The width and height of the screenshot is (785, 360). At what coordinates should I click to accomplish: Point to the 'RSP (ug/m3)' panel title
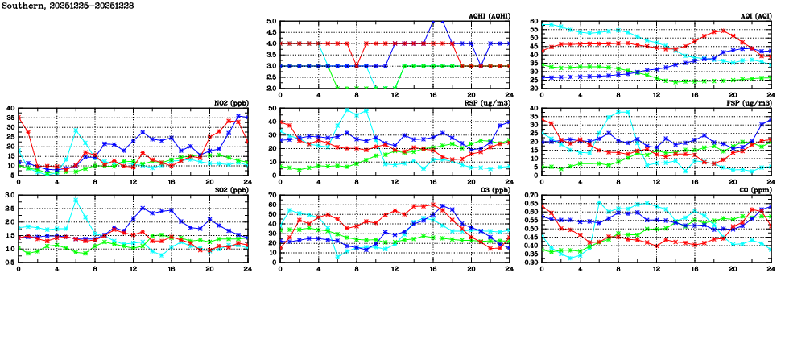click(x=485, y=103)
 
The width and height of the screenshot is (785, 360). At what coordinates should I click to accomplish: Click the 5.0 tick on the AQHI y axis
click(x=271, y=22)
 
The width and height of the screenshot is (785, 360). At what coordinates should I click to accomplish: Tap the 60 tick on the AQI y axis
click(x=534, y=22)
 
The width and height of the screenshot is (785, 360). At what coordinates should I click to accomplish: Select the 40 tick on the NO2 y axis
click(x=10, y=108)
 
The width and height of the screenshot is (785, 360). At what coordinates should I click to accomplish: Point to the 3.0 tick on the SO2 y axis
click(x=9, y=196)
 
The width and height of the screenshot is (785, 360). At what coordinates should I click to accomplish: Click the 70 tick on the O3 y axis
click(x=271, y=196)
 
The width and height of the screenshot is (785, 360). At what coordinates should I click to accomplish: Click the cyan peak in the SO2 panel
click(x=76, y=199)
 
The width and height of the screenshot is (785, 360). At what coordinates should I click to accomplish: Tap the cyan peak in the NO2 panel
click(x=76, y=130)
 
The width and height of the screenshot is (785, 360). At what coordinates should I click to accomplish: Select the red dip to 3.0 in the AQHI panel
click(x=357, y=66)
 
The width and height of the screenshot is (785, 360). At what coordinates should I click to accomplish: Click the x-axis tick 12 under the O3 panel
click(x=395, y=270)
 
